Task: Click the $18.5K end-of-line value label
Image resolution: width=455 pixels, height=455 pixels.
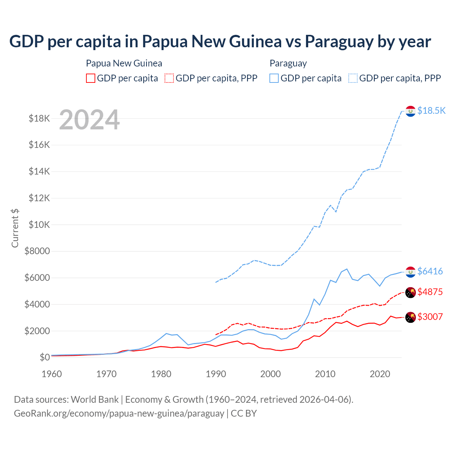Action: [431, 111]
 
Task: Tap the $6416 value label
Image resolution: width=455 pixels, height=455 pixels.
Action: [430, 271]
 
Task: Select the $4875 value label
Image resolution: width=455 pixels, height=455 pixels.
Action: [430, 292]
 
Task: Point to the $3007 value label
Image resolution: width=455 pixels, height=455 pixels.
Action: [430, 317]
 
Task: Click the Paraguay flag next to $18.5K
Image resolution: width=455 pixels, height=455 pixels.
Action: [411, 111]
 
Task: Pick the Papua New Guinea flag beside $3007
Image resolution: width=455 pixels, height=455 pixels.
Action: [411, 317]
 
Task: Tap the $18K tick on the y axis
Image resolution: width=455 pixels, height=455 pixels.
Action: [39, 118]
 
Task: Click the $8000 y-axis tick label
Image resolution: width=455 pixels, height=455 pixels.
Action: [37, 251]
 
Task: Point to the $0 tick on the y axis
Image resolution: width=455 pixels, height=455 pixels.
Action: [44, 357]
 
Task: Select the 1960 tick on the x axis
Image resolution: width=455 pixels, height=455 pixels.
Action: [52, 374]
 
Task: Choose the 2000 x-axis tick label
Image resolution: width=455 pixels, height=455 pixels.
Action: [271, 374]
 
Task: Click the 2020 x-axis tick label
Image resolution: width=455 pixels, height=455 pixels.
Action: [380, 374]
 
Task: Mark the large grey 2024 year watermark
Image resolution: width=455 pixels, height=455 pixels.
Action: [89, 120]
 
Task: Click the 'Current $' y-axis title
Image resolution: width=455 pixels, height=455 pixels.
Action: [15, 228]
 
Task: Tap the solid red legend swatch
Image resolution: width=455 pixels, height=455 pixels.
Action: [91, 78]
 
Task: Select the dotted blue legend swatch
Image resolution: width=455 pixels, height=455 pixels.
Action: [353, 78]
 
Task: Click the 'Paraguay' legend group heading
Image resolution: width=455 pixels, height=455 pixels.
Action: [288, 63]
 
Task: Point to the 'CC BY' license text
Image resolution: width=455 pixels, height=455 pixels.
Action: [243, 413]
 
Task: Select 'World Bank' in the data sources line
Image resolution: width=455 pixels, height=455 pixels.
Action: [95, 400]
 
